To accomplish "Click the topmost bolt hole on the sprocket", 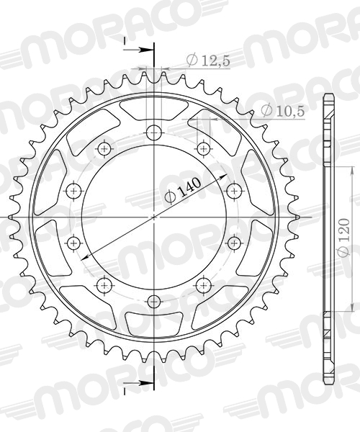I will click(x=153, y=132).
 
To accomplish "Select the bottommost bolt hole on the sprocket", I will click(x=153, y=301).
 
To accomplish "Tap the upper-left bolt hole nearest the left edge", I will click(x=73, y=191).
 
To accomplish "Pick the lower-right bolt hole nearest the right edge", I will click(x=235, y=243).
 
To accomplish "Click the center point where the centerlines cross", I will click(x=154, y=217).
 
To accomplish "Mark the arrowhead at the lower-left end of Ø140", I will click(x=84, y=257).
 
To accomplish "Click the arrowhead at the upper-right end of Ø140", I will click(x=224, y=176).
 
